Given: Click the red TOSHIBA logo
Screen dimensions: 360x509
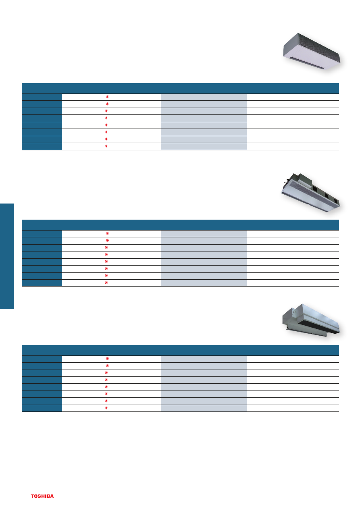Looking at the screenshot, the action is point(42,496).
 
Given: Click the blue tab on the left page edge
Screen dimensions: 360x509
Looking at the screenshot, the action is point(7,256).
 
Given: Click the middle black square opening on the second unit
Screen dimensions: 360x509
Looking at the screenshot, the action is point(327,195).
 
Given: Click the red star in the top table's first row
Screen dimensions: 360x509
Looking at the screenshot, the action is point(107,97).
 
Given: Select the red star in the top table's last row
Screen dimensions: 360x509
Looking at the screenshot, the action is point(106,146).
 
